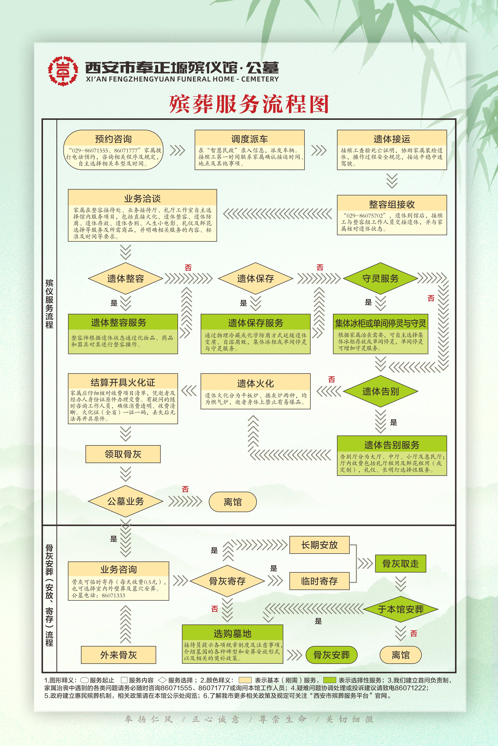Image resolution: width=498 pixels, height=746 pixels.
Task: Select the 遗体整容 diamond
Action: click(x=125, y=279)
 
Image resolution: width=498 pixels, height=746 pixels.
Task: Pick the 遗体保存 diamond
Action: click(x=255, y=279)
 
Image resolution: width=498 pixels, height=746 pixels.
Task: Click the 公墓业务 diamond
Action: click(x=125, y=501)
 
